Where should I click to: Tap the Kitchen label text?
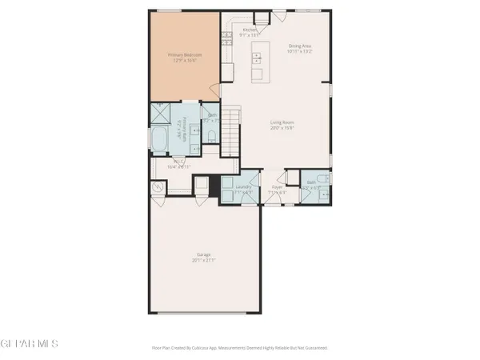250,30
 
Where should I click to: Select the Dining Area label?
300,46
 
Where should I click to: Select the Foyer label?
278,189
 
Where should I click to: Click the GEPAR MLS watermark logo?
30,343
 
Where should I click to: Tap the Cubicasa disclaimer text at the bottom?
239,348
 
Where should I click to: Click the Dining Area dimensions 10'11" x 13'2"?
300,50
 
